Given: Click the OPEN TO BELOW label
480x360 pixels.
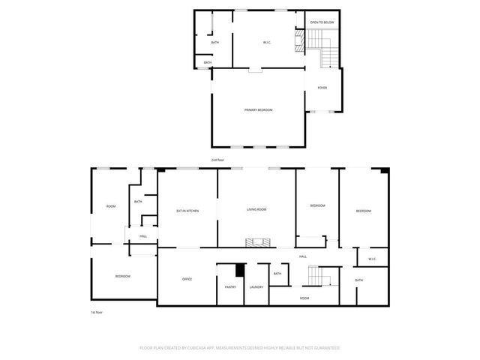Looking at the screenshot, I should tap(322, 23).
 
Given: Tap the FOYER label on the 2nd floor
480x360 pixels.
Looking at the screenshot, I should tap(322, 88).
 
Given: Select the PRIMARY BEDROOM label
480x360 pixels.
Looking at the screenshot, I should tap(258, 110).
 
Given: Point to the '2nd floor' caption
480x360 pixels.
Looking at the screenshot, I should tap(217, 160).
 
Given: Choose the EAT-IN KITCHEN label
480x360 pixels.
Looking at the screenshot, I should tap(187, 211).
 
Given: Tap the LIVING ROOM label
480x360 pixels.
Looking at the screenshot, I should tap(257, 209).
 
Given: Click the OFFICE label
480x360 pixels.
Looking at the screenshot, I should tap(187, 279).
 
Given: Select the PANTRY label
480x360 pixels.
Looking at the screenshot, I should tap(230, 286).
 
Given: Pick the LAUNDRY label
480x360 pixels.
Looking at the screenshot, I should tap(256, 286).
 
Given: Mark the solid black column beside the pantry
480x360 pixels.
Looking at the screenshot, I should tap(240, 270).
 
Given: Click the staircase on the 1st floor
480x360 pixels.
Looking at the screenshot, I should tap(319, 277).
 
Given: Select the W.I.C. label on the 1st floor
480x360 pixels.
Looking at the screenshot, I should tap(372, 259).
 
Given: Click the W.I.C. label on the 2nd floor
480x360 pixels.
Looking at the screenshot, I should tap(267, 42).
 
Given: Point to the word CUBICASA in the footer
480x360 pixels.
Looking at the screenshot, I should tap(214, 348).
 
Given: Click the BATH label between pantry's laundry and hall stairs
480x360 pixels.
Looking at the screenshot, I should tap(277, 273).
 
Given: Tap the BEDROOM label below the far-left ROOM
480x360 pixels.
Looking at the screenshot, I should tap(123, 277).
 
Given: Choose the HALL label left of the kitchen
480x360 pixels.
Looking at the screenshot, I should tap(142, 236).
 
